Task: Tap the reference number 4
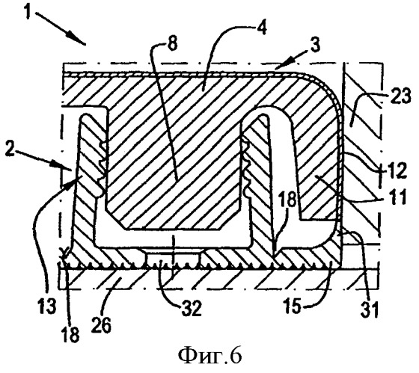pos(262,27)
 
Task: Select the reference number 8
pos(173,43)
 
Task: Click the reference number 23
pos(400,96)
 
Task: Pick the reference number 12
pos(398,170)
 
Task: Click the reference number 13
pos(47,306)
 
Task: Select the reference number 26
pos(102,324)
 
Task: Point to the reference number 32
pos(192,308)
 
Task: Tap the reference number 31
pos(370,309)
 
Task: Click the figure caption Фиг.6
pos(209,356)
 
